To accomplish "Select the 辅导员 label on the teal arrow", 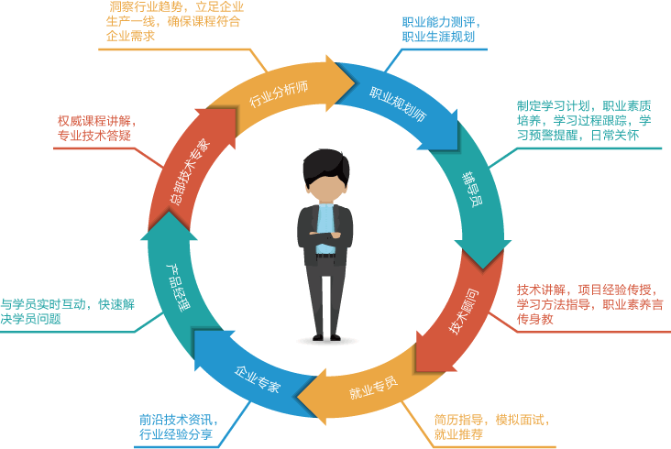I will [x=470, y=190].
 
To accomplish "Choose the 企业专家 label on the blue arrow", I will [x=258, y=379].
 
